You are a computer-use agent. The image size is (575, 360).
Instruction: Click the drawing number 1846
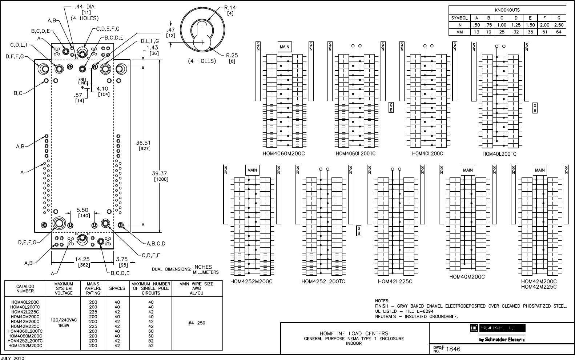click(x=453, y=349)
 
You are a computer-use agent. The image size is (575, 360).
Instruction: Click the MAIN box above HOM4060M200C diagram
click(x=285, y=47)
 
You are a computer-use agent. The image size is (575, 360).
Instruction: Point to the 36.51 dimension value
click(x=144, y=143)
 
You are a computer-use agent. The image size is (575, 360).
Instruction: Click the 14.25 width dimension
click(x=82, y=259)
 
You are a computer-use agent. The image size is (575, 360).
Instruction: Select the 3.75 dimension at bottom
click(x=122, y=259)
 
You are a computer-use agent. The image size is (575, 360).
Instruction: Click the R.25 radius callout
click(x=232, y=55)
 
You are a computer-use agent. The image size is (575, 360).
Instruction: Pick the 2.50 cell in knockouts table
click(x=559, y=25)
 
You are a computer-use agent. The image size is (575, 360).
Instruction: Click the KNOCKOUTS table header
click(x=507, y=10)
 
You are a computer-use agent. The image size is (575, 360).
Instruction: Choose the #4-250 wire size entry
click(x=197, y=324)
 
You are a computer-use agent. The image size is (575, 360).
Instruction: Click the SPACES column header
click(x=117, y=288)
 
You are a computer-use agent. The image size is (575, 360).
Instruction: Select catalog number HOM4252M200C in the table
click(x=25, y=346)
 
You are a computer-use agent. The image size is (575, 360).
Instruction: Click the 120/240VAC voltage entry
click(x=64, y=320)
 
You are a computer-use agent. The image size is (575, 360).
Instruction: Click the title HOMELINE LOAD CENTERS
click(x=354, y=333)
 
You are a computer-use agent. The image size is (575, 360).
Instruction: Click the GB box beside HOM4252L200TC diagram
click(x=358, y=230)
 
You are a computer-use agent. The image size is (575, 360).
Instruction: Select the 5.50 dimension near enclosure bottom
click(x=83, y=210)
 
